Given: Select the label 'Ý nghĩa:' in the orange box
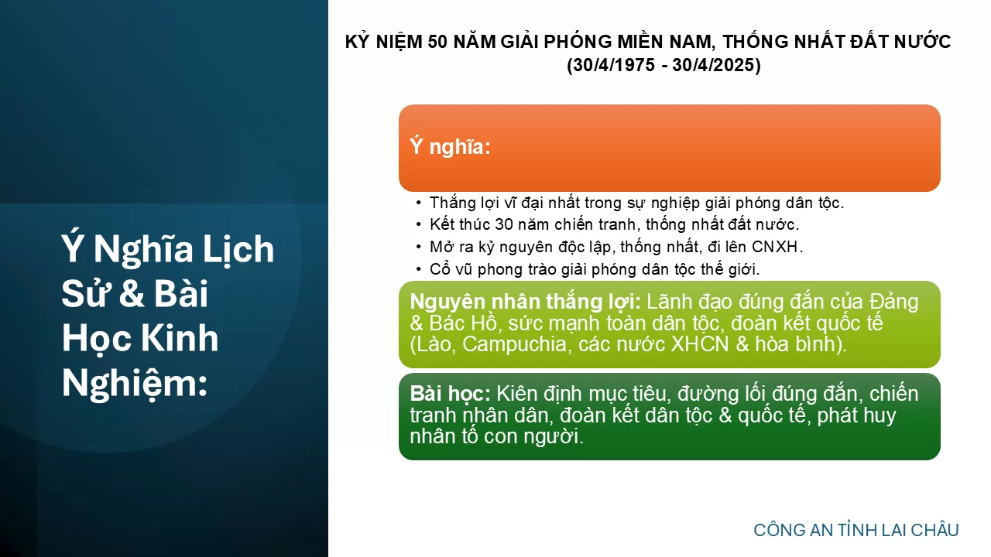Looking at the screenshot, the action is point(450,146).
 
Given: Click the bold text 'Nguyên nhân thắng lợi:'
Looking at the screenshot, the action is point(525,302).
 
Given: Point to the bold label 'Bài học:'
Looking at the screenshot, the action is point(450,395).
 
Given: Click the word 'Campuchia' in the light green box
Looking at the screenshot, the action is point(514,345).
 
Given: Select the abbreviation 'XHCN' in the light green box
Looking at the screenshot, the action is point(699,344).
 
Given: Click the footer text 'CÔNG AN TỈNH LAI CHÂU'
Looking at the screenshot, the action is point(856,530).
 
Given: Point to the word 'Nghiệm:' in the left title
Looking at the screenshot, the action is point(135,383).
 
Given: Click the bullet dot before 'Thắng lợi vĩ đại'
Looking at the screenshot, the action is point(419,203).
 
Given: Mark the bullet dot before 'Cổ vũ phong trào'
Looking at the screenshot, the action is point(419,269).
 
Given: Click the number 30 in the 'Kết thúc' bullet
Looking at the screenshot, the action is point(503,224).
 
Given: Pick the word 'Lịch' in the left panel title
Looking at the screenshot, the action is point(238,250).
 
